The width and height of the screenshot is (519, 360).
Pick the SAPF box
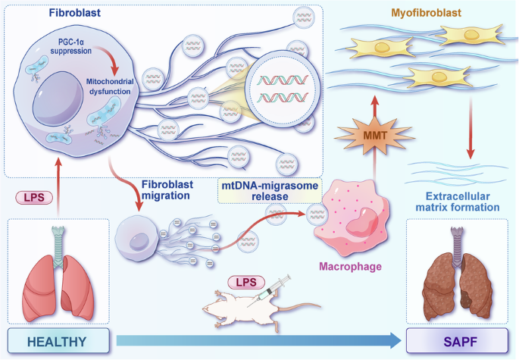(457, 341)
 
